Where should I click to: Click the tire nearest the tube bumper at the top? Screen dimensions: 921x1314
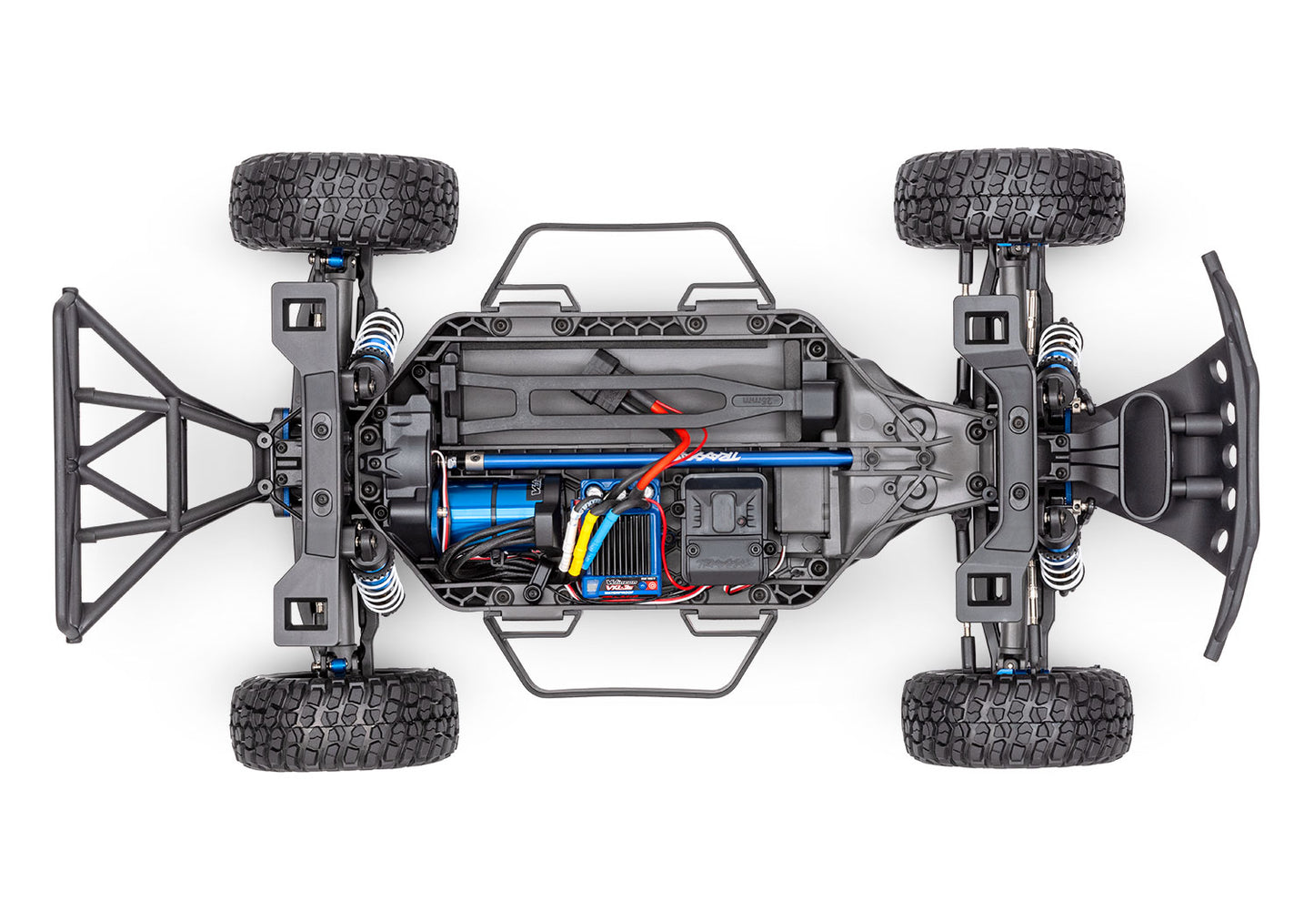tap(344, 202)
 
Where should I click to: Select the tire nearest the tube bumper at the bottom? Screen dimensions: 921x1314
tap(344, 721)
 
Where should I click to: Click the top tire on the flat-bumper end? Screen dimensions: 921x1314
tap(1009, 198)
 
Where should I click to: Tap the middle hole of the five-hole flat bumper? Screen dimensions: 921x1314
tap(1229, 453)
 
